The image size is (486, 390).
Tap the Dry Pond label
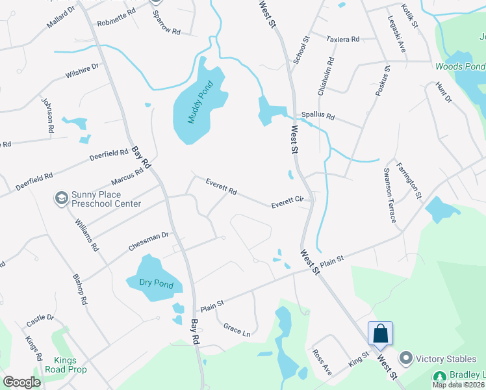157,282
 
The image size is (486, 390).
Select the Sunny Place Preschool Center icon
62,198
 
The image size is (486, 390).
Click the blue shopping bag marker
380,334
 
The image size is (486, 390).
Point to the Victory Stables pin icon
406,358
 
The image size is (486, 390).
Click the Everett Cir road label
288,203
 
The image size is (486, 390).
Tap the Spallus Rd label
317,117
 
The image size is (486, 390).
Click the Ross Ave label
322,362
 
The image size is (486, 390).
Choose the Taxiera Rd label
343,39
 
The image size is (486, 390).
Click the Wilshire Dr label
82,71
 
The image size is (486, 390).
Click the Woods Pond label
459,67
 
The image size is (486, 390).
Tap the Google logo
22,382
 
